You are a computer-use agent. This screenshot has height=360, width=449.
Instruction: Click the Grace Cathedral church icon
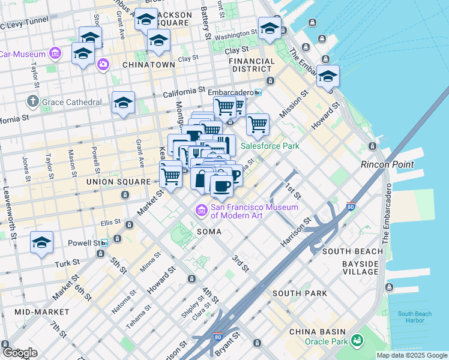[33, 101]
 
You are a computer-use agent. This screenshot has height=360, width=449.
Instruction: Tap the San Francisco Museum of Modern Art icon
[200, 211]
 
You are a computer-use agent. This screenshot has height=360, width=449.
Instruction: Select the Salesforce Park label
[270, 146]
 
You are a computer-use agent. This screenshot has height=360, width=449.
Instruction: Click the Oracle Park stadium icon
[358, 341]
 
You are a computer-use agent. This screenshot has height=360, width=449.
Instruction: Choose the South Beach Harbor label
[414, 317]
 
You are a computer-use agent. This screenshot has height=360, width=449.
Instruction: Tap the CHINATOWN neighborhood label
[148, 64]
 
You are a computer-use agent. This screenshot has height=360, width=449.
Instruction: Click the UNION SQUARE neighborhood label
[118, 181]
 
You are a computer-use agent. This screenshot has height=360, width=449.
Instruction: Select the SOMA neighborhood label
[209, 231]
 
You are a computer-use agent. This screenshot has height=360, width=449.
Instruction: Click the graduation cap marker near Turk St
[41, 243]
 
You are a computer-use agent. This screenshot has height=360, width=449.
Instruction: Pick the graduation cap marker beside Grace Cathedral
[123, 103]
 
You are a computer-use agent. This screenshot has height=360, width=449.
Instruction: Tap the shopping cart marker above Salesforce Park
[258, 124]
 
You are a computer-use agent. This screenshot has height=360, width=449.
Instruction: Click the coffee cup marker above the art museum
[221, 184]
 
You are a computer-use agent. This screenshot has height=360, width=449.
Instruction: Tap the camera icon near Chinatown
[103, 64]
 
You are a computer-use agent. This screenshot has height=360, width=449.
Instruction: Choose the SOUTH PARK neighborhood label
[300, 293]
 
